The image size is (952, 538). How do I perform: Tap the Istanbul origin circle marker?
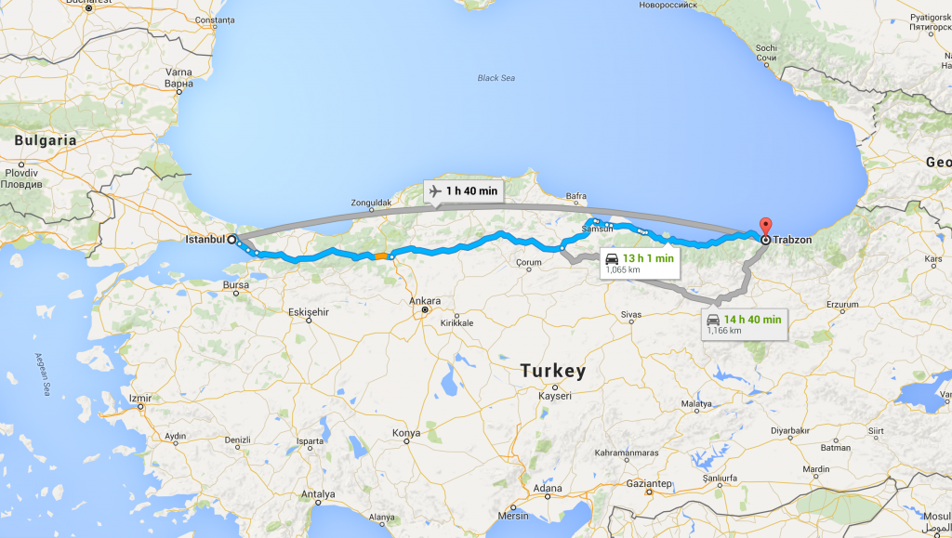click(231, 239)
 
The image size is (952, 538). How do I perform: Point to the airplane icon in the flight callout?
click(434, 191)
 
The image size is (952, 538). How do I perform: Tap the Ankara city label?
click(425, 301)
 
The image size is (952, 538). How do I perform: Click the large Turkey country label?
click(553, 371)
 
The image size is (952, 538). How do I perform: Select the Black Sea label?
click(496, 78)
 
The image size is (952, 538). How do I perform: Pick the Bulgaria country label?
click(46, 140)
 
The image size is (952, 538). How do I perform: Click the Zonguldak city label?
click(375, 202)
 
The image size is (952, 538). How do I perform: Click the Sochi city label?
click(766, 48)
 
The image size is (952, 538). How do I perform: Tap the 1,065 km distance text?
click(621, 269)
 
